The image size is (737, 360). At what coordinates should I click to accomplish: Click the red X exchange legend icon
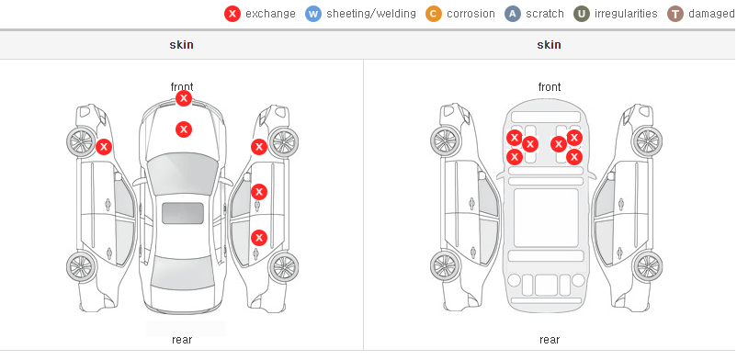232,14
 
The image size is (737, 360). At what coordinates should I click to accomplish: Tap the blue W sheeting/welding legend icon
313,14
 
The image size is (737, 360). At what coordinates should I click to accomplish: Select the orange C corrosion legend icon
434,14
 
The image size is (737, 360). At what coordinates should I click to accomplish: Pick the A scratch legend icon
513,14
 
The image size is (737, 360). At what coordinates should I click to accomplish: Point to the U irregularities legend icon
582,14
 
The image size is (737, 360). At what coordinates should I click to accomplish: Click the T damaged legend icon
675,14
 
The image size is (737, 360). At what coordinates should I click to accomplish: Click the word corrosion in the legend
471,14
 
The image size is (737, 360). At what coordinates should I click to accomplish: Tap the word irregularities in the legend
626,14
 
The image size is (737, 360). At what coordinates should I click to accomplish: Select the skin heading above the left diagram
181,45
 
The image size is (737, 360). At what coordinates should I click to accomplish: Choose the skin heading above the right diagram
549,45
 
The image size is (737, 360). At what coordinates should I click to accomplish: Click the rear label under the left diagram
182,339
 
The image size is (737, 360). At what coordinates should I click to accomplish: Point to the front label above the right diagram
550,87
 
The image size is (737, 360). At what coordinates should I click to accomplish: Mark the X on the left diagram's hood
184,129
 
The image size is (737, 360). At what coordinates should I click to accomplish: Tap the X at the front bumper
184,98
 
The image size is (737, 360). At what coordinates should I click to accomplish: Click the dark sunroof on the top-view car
183,213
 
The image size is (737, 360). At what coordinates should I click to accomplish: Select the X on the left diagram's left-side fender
104,147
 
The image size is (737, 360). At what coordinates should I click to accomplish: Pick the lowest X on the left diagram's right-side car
259,237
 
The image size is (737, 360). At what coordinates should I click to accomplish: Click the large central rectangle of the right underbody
546,218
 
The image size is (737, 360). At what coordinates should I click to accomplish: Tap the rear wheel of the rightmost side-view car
648,266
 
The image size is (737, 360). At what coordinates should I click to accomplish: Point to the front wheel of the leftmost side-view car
81,141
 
